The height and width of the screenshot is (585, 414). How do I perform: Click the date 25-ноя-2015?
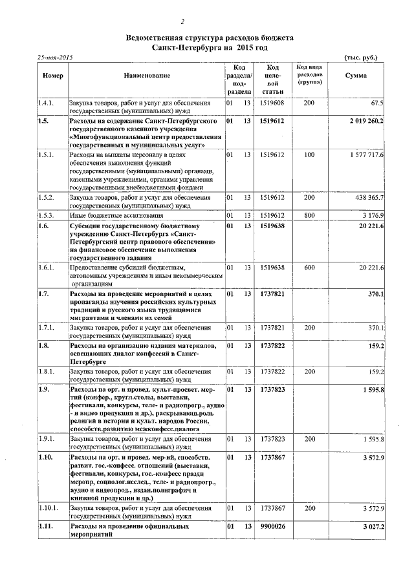(54, 58)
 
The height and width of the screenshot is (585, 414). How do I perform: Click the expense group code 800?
(309, 215)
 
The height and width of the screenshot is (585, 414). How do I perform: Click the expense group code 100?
(309, 156)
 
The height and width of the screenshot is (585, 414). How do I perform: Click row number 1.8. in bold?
(44, 346)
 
